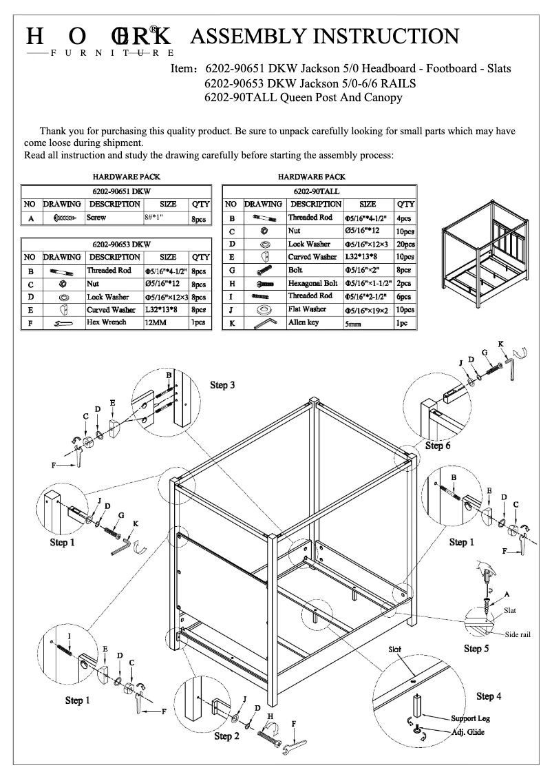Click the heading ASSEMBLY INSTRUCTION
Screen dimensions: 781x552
pos(323,37)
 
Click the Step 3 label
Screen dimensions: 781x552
pos(222,385)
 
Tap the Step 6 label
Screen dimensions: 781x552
pos(438,446)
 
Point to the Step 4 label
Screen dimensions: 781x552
pos(489,696)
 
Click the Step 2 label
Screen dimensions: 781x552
pos(226,736)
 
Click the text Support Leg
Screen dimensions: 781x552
pos(474,718)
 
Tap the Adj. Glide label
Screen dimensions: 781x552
pos(468,731)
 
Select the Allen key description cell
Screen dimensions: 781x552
pos(305,322)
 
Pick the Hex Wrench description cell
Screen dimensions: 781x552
pos(106,322)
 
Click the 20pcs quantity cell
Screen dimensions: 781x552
pos(405,244)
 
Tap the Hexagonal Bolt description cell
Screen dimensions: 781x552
pos(312,283)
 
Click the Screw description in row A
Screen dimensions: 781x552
pos(96,218)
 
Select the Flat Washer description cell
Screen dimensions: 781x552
pos(307,309)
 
